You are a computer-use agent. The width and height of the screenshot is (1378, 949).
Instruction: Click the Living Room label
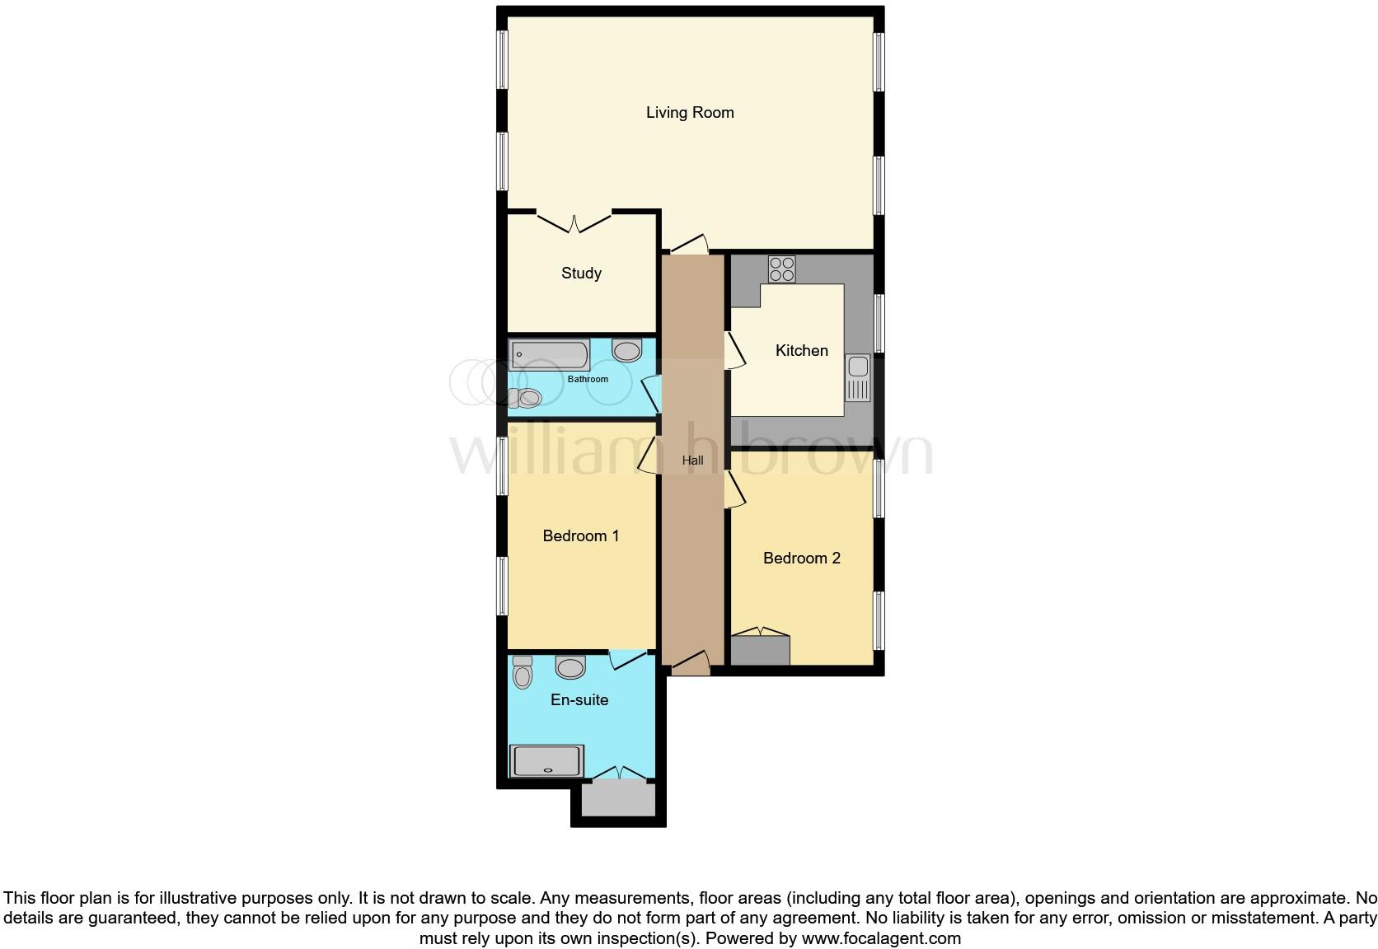point(690,113)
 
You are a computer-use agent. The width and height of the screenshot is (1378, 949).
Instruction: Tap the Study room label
point(581,273)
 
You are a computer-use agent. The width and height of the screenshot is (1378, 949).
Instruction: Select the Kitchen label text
point(801,351)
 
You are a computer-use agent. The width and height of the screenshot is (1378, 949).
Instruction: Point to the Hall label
point(692,460)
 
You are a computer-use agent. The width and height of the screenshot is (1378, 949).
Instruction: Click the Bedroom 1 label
point(580,536)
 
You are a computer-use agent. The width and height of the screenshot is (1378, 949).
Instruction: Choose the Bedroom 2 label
point(801,559)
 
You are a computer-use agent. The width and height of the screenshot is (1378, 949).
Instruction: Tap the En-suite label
point(579,700)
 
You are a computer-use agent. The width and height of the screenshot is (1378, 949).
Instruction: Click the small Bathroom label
point(588,380)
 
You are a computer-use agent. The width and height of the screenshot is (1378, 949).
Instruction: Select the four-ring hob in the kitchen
point(781,269)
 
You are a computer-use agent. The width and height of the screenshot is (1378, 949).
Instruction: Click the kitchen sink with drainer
point(858,378)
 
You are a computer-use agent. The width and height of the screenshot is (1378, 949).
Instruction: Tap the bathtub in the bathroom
point(549,355)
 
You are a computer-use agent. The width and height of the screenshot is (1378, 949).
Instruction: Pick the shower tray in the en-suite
point(547,761)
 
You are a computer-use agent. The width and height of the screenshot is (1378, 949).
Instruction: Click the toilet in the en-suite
point(522,673)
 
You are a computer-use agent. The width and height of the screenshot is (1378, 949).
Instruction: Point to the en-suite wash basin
point(570,666)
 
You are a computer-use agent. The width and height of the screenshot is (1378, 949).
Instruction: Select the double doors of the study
point(574,222)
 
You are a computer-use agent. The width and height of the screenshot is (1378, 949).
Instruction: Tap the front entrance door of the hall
point(690,664)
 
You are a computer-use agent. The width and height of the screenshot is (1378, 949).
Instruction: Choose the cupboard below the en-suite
point(618,798)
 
